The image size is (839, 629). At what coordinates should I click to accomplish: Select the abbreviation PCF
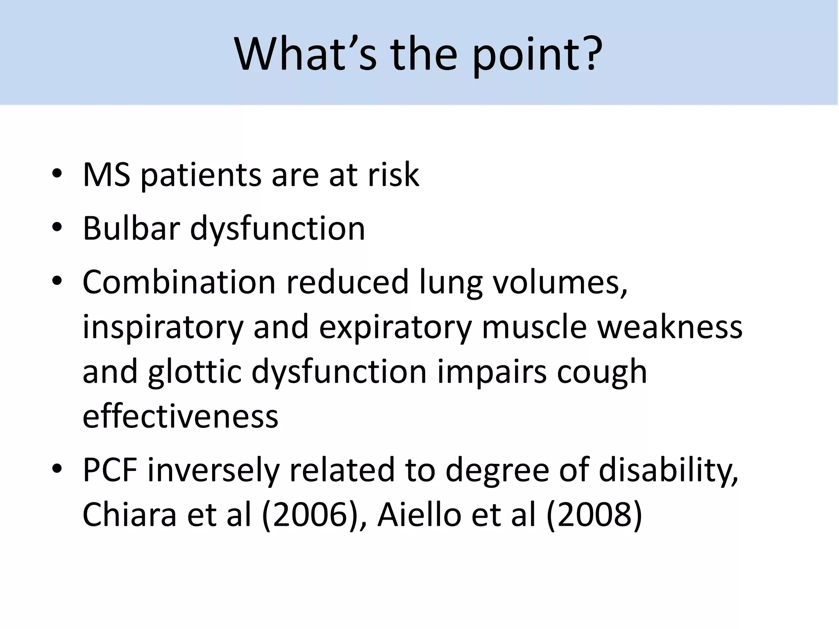(x=110, y=470)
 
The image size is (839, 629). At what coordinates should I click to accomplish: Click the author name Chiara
(x=129, y=514)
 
